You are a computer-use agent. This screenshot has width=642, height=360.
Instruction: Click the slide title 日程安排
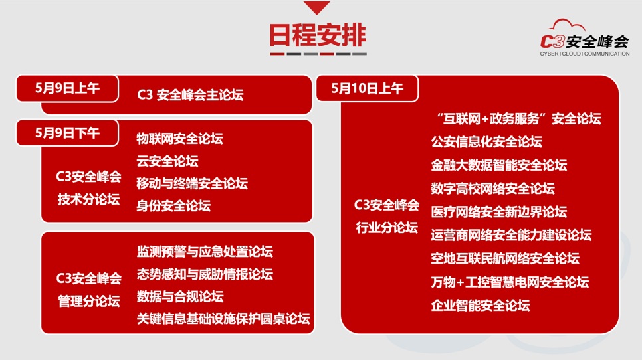317,35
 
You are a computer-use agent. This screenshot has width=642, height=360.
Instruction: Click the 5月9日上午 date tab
68,88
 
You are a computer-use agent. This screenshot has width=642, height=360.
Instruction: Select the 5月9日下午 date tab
68,133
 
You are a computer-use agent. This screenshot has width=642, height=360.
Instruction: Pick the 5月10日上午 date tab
368,88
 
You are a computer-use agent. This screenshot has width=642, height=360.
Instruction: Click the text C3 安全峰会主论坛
190,95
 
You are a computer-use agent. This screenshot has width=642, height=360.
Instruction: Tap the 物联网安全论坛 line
179,139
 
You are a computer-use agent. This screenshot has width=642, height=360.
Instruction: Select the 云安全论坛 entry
167,161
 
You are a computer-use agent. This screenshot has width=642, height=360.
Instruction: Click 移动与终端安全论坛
192,183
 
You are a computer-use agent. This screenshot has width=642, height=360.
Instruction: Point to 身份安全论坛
173,205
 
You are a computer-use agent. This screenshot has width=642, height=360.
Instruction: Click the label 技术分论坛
88,199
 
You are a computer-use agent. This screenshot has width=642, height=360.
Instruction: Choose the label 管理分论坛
88,301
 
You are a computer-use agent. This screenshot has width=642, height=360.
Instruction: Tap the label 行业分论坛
387,227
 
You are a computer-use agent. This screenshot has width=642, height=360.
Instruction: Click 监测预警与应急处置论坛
205,252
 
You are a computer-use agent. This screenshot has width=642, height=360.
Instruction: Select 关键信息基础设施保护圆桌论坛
223,319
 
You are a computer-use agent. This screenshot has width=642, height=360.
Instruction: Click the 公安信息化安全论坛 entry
486,142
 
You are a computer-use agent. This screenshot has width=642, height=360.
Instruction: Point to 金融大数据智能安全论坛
498,165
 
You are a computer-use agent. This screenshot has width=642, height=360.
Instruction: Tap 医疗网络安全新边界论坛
498,212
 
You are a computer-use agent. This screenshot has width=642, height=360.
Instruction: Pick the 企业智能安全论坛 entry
481,305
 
